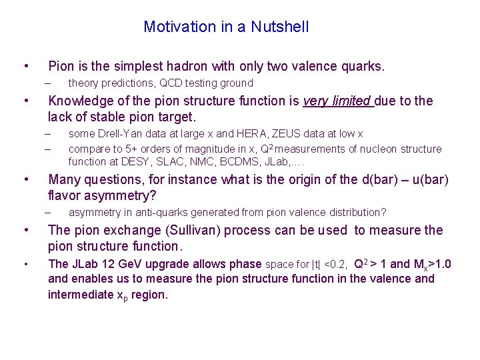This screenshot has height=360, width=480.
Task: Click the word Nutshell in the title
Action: click(281, 27)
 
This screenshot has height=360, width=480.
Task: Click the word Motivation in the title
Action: click(175, 27)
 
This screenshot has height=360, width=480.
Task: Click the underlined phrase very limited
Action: click(337, 101)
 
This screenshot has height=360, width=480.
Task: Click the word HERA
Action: click(270, 134)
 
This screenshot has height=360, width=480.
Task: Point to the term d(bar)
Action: click(381, 179)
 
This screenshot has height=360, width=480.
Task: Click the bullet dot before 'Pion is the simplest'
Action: click(25, 67)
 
